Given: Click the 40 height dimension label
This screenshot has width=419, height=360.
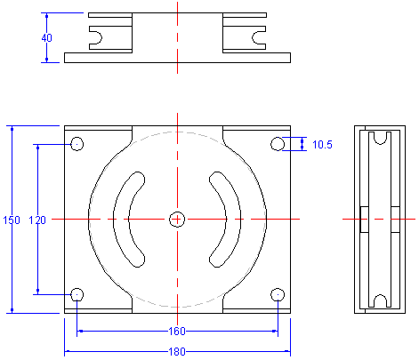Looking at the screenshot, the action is pos(46,38).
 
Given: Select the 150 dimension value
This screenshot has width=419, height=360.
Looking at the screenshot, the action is pos(12,220).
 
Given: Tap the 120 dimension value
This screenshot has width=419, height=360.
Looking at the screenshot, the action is pos(37,220).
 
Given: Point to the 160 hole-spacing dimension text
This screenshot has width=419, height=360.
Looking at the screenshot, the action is pos(177,331).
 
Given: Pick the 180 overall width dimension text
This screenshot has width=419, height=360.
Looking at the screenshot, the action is pos(177,352).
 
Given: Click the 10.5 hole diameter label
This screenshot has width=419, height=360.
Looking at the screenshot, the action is pos(322,145).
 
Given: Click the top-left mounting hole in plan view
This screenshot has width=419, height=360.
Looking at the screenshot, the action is pos(77,144).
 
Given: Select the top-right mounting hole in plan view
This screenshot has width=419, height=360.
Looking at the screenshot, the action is pos(278,144).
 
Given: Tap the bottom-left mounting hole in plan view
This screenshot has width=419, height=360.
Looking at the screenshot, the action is pos(77,294).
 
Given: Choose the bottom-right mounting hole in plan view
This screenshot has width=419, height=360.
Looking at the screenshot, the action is pos(278,294).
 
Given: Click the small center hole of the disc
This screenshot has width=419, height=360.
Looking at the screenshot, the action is pos(177,220).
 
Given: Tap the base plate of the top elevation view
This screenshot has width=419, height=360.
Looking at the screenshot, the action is pos(177,58).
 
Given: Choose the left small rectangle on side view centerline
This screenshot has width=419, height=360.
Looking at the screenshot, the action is pos(365,220).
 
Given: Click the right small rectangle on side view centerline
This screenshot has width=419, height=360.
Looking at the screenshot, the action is pos(395,220).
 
